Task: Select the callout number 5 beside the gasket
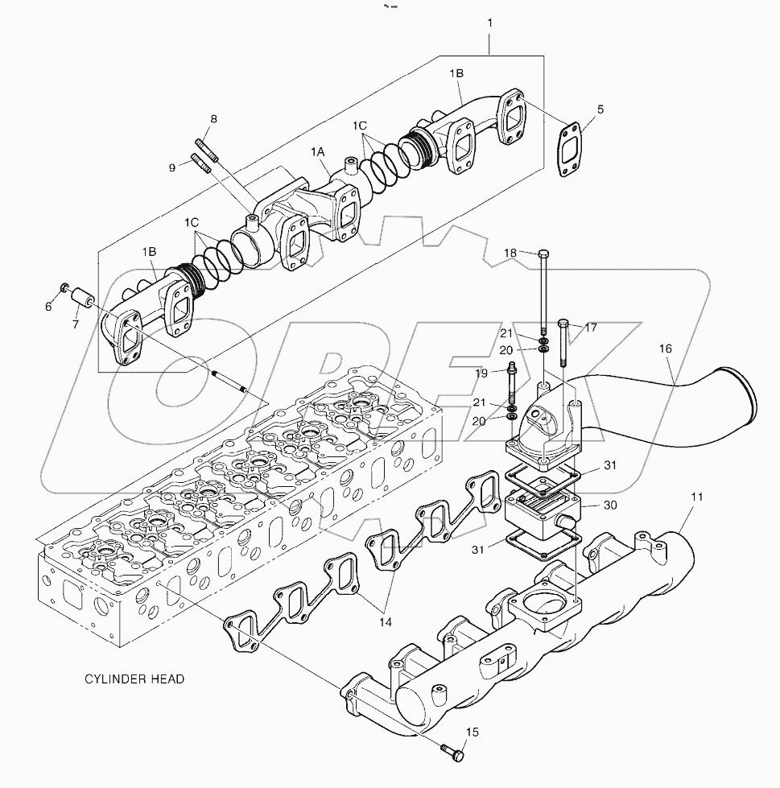click(x=600, y=109)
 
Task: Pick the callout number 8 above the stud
click(x=213, y=120)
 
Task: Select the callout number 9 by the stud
click(x=171, y=167)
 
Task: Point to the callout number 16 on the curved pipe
click(x=665, y=349)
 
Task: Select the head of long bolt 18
click(x=543, y=254)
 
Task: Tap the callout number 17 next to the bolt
click(x=591, y=327)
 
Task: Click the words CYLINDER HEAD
click(x=134, y=679)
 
